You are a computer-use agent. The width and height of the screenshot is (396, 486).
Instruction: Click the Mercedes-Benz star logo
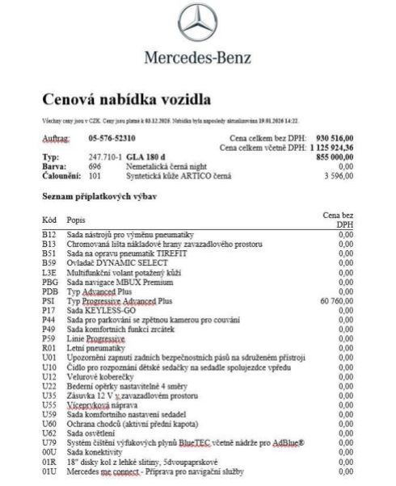tap(197, 23)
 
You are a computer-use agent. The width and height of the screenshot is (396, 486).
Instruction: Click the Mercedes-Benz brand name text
tap(197, 57)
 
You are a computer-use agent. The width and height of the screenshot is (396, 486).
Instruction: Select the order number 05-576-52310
tap(112, 138)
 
